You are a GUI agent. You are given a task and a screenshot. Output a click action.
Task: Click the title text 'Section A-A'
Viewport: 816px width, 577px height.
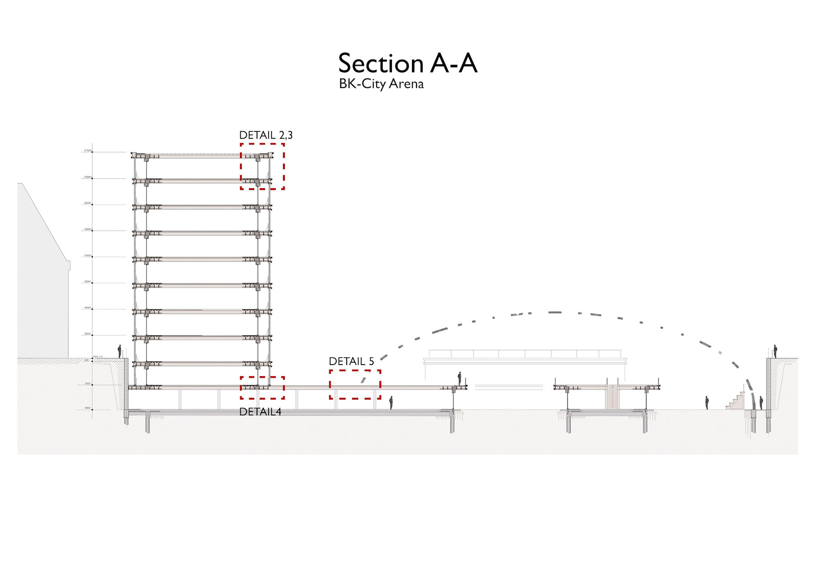click(408, 63)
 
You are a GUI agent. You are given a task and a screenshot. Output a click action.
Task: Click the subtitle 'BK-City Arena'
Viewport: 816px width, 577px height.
click(381, 84)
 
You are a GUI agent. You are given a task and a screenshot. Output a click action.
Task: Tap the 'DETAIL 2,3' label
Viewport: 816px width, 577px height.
click(266, 135)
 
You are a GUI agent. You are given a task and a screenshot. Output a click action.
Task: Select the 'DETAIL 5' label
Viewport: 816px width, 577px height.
click(351, 361)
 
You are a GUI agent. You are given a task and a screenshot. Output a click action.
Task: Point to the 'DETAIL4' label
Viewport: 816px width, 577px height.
click(260, 412)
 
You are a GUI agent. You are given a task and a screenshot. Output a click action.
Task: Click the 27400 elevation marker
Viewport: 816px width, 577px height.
click(88, 150)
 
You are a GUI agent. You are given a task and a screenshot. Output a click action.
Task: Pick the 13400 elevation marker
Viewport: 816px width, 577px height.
click(88, 255)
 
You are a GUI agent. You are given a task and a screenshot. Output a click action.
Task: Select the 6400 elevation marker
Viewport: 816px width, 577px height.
click(88, 308)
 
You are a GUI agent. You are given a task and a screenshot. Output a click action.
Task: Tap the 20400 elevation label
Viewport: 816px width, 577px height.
click(88, 203)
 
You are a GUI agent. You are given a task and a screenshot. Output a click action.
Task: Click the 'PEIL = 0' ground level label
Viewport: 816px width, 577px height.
click(98, 356)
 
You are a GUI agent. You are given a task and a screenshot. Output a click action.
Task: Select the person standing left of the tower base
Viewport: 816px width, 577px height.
click(119, 351)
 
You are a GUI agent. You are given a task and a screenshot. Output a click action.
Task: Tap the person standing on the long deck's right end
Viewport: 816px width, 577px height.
click(459, 379)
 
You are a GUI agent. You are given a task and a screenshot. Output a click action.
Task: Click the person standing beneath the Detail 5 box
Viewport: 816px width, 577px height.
click(391, 402)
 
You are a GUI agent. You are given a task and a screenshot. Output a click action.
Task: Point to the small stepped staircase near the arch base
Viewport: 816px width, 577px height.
click(736, 402)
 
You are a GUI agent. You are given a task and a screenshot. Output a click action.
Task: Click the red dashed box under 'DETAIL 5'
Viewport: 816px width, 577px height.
click(355, 385)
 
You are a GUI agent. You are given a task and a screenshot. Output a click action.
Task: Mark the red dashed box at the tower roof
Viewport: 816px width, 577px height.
click(262, 166)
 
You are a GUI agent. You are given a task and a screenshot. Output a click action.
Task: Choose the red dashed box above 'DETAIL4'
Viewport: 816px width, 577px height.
click(262, 387)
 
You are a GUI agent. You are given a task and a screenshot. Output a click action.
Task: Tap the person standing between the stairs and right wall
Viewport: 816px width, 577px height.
click(761, 402)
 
